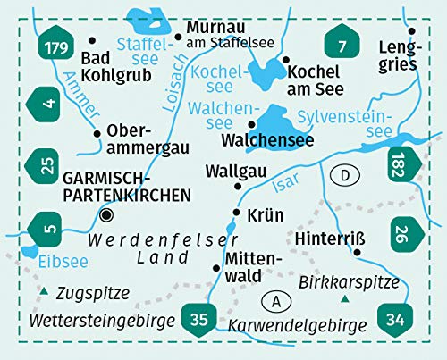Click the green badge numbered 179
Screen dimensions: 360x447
55,47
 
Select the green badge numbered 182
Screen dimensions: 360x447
403,165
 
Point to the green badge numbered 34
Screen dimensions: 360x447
394,317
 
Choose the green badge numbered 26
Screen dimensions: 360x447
404,234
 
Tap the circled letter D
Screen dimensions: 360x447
343,177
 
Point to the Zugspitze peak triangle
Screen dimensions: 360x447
42,292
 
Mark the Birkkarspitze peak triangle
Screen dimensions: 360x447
344,299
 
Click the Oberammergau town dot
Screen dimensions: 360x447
97,134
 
